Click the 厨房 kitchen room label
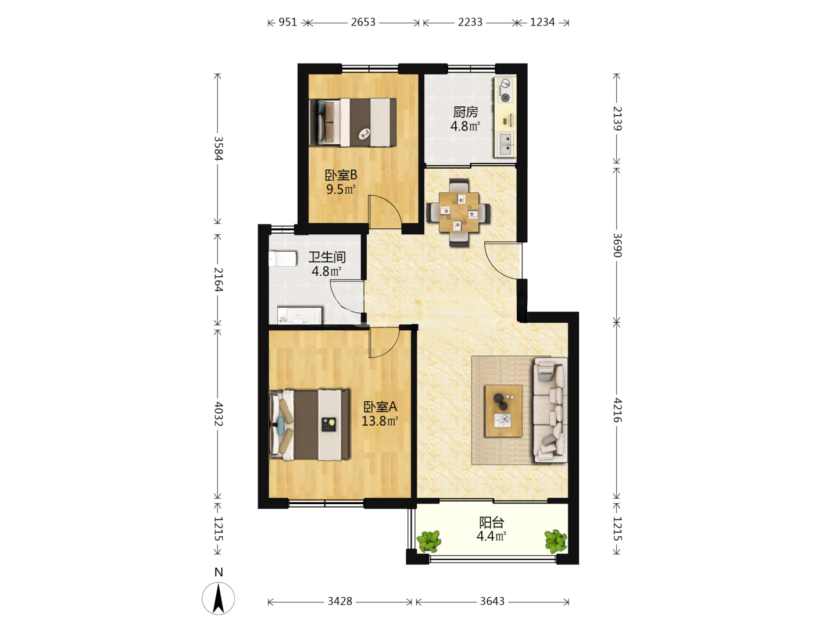click(465, 112)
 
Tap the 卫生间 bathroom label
click(327, 257)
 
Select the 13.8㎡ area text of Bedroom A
click(380, 421)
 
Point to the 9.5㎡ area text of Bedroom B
click(341, 189)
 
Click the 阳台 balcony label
click(492, 522)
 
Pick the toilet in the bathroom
click(282, 259)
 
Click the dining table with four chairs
click(459, 212)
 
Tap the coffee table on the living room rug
click(503, 411)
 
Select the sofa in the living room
click(550, 410)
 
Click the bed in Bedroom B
click(353, 122)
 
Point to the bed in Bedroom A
click(309, 424)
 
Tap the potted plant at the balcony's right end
click(555, 541)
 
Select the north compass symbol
click(218, 598)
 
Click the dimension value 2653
click(363, 22)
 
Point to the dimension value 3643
click(492, 601)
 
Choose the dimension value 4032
click(218, 413)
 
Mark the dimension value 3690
click(617, 245)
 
